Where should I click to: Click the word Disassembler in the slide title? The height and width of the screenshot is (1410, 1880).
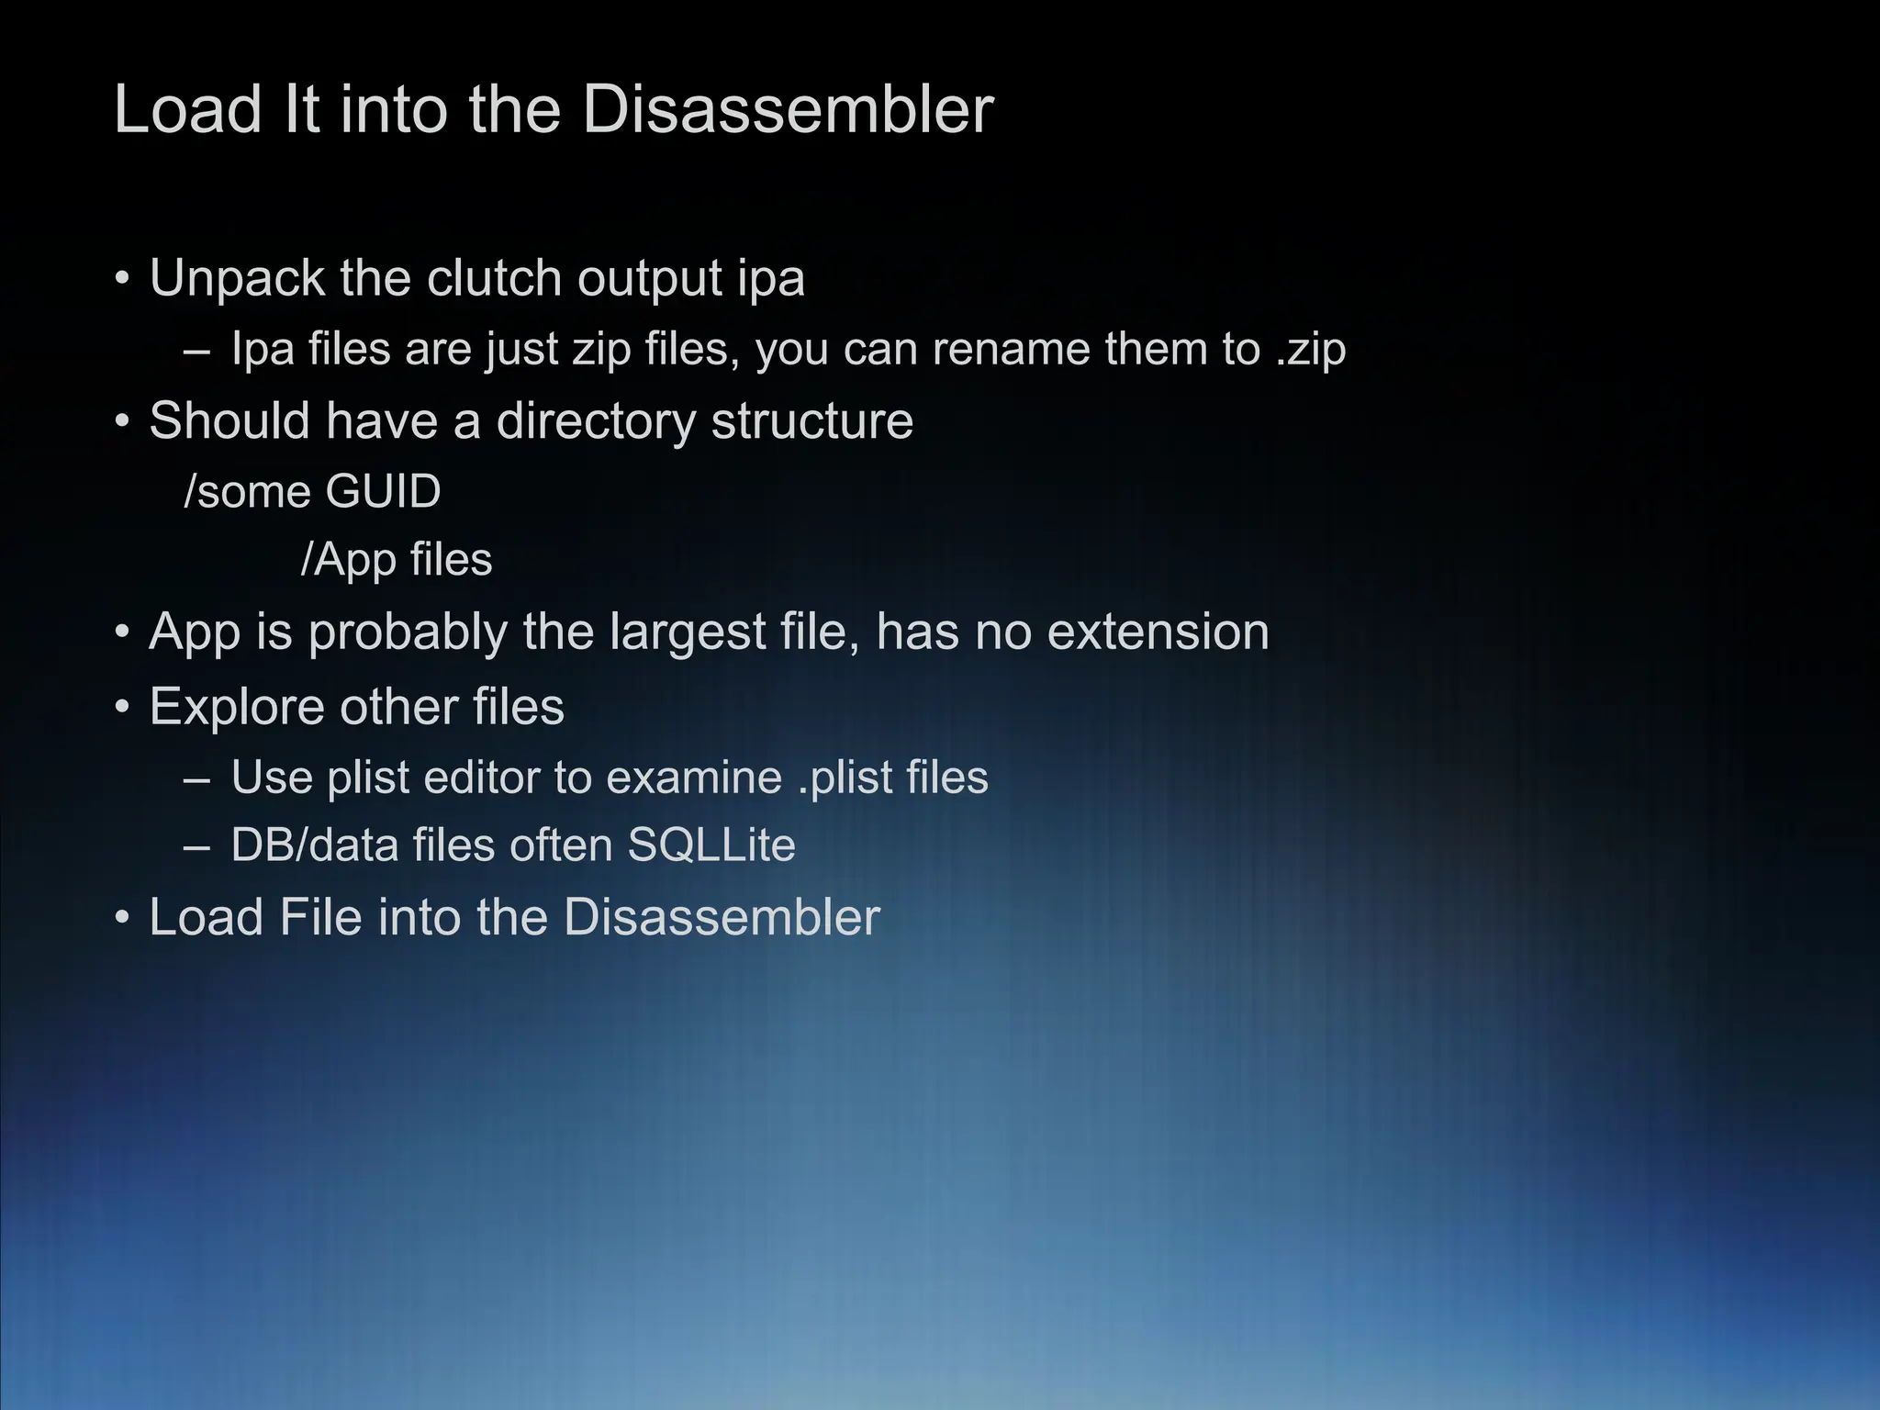click(x=788, y=110)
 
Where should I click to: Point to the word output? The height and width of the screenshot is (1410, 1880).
click(x=650, y=278)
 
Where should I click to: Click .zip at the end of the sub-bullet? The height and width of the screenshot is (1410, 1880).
click(x=1310, y=350)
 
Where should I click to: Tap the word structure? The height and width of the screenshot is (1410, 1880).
click(x=812, y=421)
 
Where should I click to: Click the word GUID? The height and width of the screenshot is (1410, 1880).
click(x=383, y=492)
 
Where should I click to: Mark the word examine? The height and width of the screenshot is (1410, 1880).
click(x=694, y=778)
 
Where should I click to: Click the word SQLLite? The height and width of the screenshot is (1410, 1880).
click(x=711, y=845)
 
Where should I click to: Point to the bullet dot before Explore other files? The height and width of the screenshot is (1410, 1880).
click(x=122, y=709)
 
